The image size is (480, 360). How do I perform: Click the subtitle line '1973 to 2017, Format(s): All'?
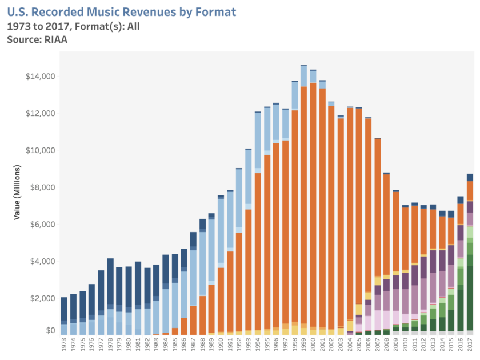click(73, 26)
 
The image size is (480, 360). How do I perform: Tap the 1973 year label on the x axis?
click(64, 345)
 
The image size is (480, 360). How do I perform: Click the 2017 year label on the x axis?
click(470, 345)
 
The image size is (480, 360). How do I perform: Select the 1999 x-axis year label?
click(304, 345)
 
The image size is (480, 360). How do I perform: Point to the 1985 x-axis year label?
click(175, 345)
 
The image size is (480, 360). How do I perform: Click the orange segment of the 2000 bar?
click(313, 206)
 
